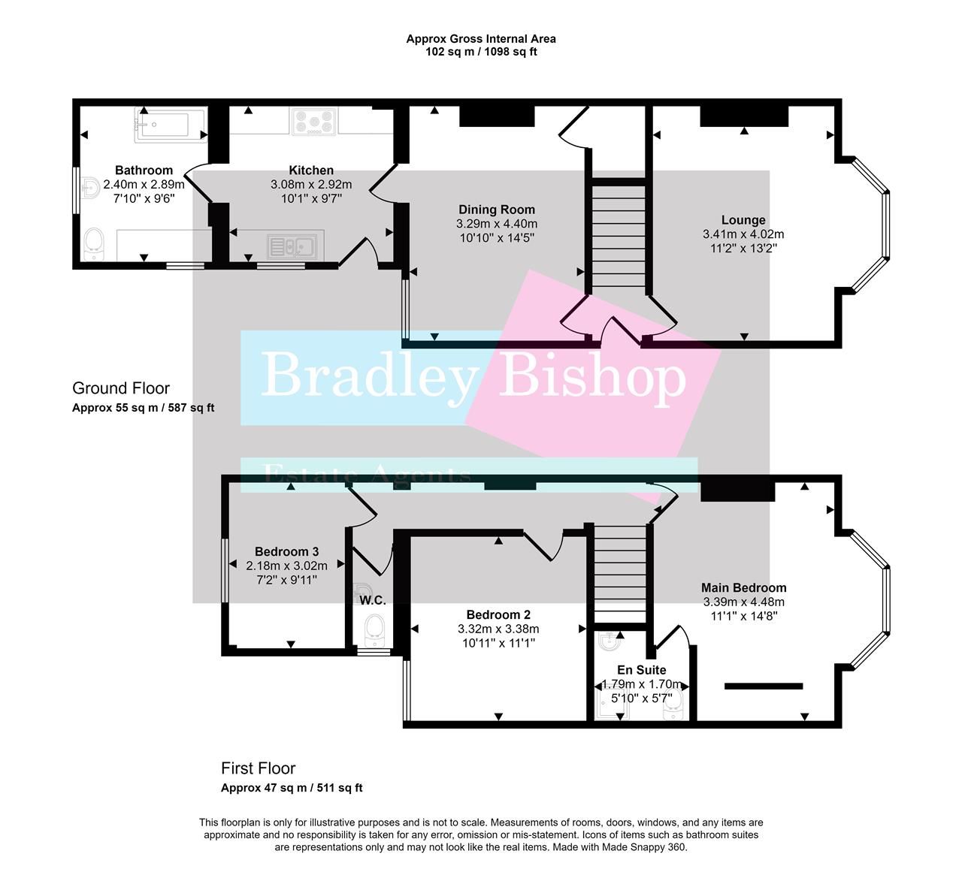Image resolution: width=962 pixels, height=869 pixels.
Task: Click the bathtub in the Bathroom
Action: tap(169, 125)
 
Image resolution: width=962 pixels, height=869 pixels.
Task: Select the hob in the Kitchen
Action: tap(314, 121)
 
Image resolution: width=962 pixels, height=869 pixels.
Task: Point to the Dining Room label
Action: tap(497, 210)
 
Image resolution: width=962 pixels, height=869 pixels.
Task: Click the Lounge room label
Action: tap(743, 220)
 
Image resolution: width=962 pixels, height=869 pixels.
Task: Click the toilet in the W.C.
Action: tap(374, 629)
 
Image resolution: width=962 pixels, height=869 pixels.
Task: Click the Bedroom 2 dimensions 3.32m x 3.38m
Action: tap(498, 629)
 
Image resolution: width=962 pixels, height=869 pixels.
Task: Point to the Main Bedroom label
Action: tap(743, 588)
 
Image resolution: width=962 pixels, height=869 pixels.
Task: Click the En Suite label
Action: tap(641, 670)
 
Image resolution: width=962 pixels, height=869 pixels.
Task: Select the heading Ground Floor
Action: tap(121, 388)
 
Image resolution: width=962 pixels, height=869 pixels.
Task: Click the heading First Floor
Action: tap(258, 768)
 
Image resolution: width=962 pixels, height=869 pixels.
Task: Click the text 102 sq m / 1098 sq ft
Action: tap(481, 52)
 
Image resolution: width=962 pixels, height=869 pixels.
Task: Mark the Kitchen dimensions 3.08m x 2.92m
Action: tap(311, 185)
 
